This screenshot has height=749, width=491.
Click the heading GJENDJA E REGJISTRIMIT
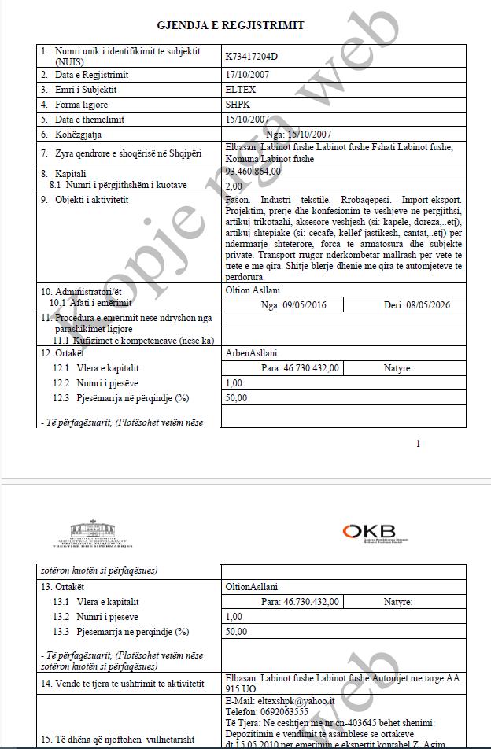click(231, 25)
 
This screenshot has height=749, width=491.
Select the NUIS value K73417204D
click(252, 56)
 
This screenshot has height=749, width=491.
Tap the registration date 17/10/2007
click(247, 75)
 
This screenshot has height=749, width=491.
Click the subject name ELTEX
click(240, 90)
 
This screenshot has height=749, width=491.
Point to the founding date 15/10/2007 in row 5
click(247, 120)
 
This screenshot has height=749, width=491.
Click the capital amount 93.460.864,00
click(253, 172)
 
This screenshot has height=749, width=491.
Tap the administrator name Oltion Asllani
click(253, 290)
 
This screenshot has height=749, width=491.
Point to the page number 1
click(418, 444)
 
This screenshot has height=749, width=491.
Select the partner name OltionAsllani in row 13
click(251, 587)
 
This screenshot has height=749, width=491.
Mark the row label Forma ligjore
click(81, 105)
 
